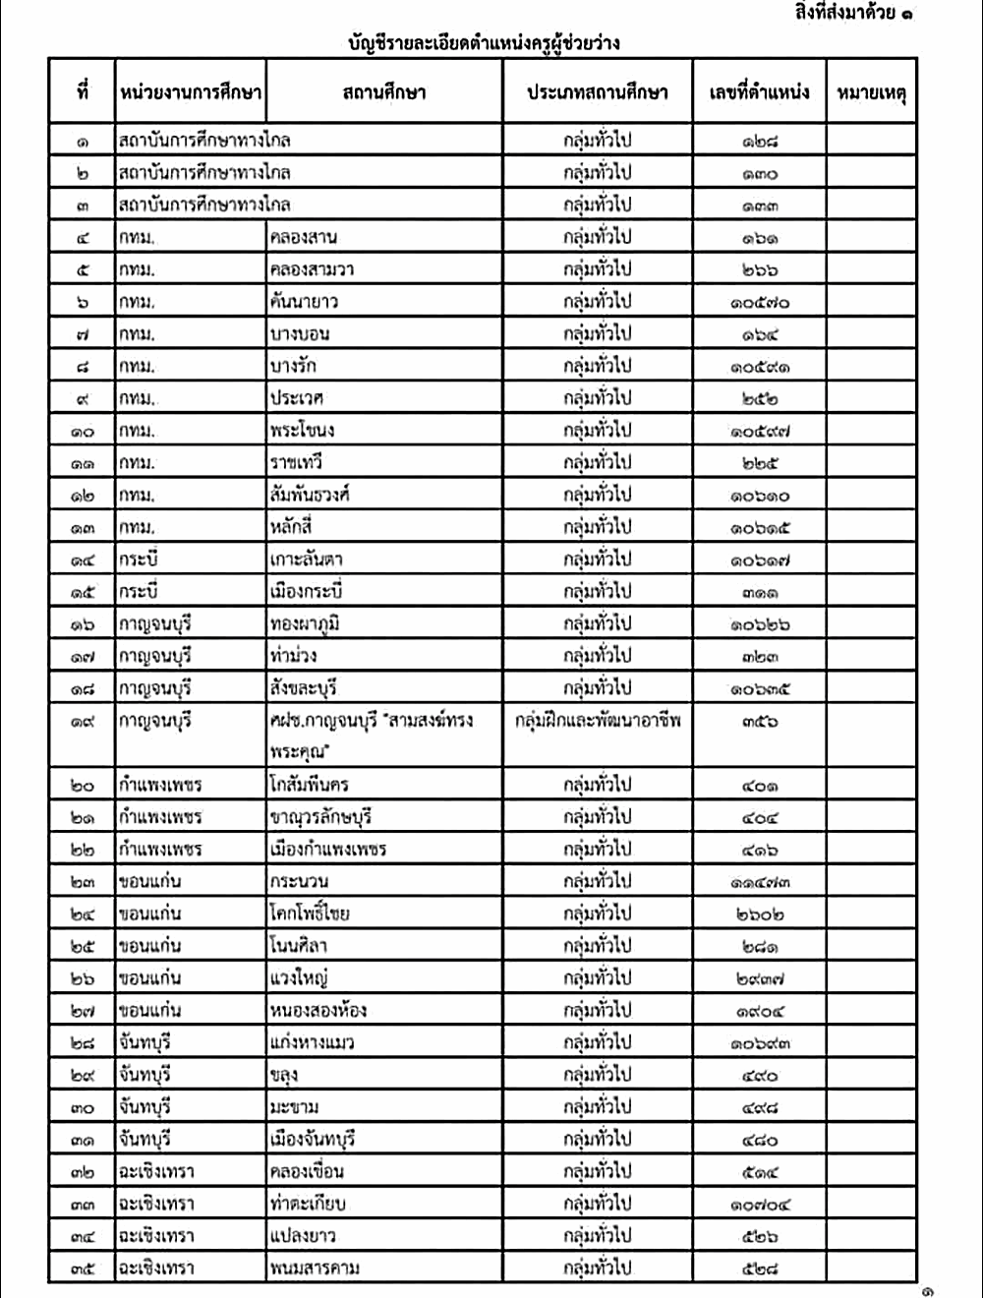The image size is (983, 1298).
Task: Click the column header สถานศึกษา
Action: point(384,93)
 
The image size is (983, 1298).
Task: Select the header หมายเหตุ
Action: point(871,93)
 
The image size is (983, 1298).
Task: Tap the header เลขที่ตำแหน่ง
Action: point(759,93)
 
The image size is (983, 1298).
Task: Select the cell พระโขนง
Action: point(302,431)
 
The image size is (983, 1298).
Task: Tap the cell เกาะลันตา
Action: point(306,560)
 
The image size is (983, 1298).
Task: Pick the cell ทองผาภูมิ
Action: point(305,624)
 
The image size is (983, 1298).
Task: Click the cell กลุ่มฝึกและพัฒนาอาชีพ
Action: point(598,721)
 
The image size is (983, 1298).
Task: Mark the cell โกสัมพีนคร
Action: point(309,785)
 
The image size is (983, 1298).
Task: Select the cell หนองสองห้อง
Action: point(318,1010)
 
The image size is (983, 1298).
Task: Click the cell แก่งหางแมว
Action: point(311,1042)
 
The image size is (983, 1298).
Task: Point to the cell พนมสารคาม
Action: point(315,1268)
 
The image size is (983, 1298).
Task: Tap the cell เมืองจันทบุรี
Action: point(312,1139)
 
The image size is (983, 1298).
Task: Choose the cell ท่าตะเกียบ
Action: point(307,1204)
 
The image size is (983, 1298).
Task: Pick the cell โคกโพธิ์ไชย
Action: point(309,914)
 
